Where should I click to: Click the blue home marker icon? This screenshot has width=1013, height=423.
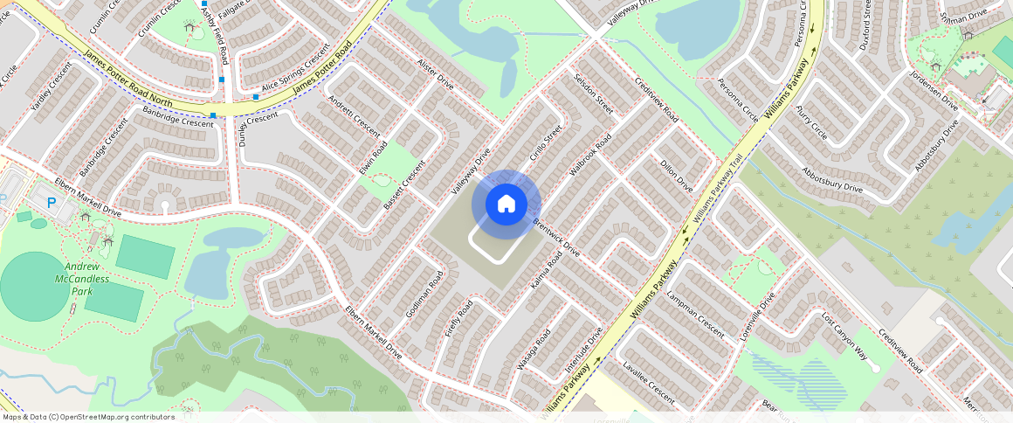tap(506, 205)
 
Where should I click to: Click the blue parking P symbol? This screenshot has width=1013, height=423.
tap(51, 202)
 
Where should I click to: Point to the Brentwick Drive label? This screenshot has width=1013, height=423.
tap(556, 237)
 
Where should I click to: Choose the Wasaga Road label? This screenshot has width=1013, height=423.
tap(534, 349)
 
